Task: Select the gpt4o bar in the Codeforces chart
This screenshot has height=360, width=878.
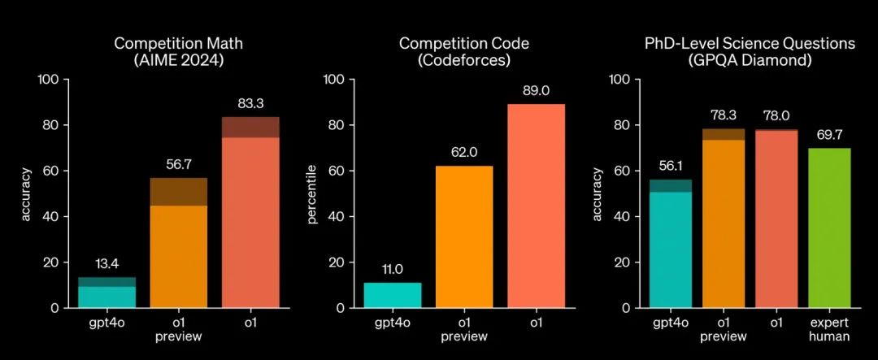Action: pos(393,295)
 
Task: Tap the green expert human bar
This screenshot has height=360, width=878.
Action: pos(829,228)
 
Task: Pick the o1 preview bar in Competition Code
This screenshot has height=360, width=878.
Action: pos(465,236)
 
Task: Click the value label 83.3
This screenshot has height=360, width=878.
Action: pos(250,104)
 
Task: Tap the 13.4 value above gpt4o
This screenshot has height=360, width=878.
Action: pos(107,264)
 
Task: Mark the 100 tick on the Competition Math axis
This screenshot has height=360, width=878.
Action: pos(49,80)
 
